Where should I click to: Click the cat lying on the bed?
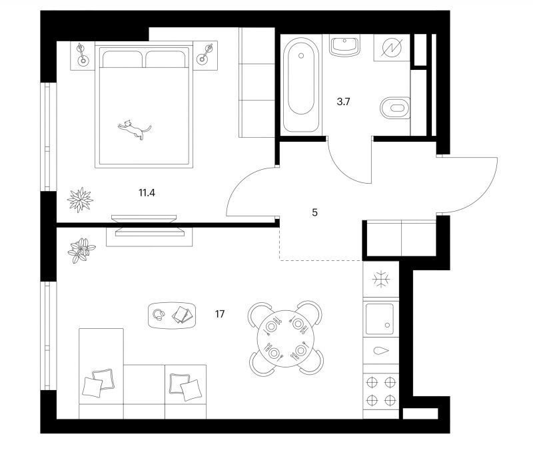point(135,129)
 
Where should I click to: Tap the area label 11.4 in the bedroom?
point(147,193)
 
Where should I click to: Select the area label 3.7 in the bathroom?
point(343,102)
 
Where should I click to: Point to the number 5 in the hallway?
point(314,212)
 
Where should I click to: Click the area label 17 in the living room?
point(220,314)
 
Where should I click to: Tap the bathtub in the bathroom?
point(301,85)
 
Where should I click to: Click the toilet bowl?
point(395,108)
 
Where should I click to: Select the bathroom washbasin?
point(344,45)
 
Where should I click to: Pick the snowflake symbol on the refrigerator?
point(380,280)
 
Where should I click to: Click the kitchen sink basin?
point(379,318)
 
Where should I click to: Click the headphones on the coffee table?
point(159,315)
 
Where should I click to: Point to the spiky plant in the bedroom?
point(80,200)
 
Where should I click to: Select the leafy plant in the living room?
point(81,250)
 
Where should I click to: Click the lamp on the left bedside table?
point(82,54)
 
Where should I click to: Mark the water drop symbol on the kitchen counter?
point(381,351)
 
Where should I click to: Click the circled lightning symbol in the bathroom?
point(392,47)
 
